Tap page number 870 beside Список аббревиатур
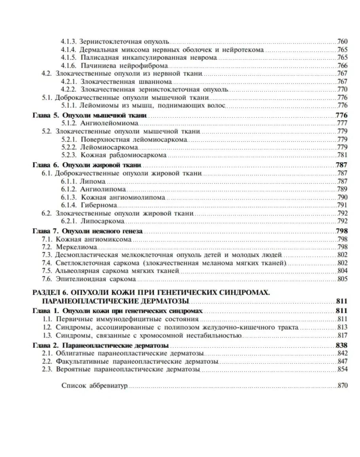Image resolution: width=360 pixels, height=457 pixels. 342,386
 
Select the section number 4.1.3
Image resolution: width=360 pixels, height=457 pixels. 69,41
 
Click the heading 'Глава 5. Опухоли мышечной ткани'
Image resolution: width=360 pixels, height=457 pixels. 89,115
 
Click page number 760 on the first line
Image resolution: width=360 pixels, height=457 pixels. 342,41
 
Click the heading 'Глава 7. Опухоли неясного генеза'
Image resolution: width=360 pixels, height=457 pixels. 87,231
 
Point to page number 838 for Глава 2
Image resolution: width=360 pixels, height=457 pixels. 341,345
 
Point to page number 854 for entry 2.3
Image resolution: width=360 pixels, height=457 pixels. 342,369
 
